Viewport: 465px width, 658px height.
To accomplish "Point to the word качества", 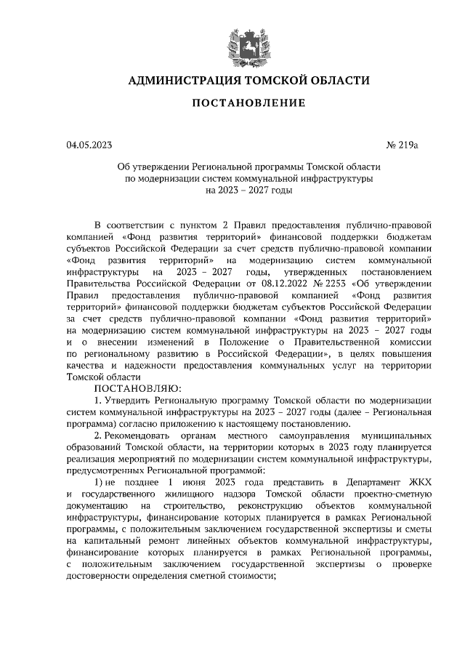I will tap(84, 365).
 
